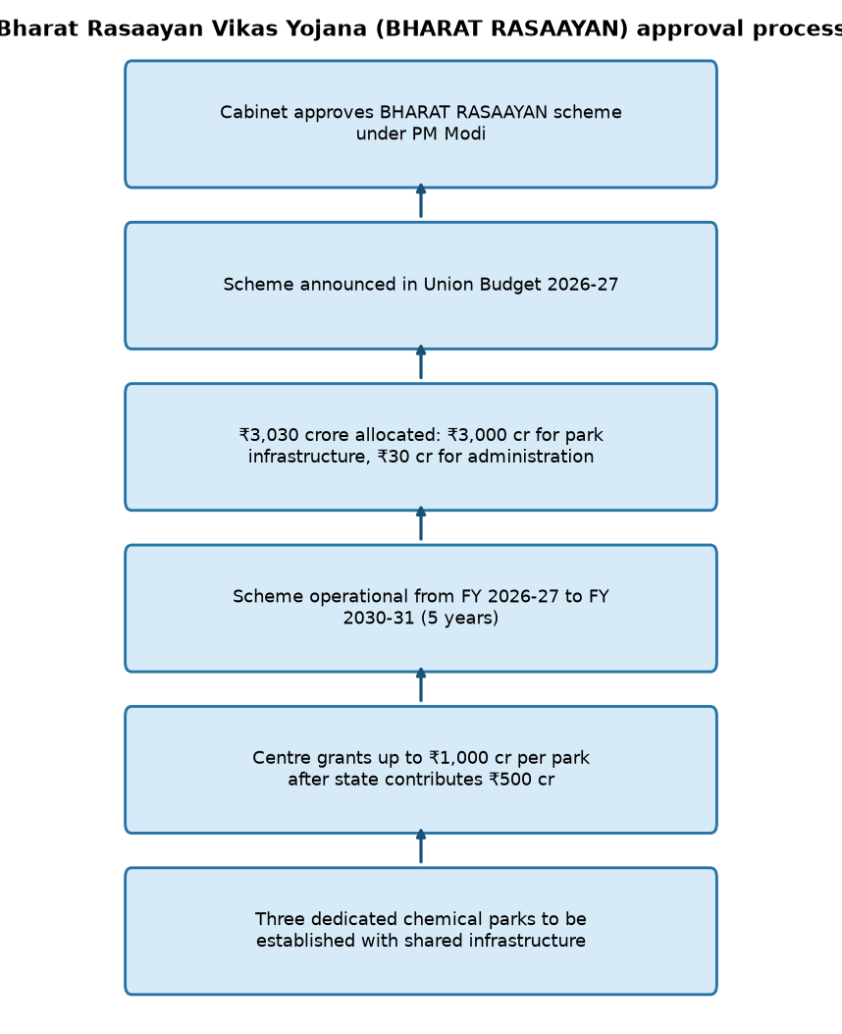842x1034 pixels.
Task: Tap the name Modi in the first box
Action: (x=464, y=134)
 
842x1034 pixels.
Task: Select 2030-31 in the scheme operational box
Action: (x=379, y=618)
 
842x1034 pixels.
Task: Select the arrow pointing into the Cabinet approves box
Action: (x=421, y=200)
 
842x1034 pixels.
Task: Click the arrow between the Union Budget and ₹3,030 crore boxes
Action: (x=421, y=362)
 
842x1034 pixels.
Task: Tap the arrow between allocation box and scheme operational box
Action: (x=421, y=523)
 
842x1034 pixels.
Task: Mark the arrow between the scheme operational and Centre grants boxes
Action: (x=421, y=685)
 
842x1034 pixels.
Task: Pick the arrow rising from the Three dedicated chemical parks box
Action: (x=421, y=846)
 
